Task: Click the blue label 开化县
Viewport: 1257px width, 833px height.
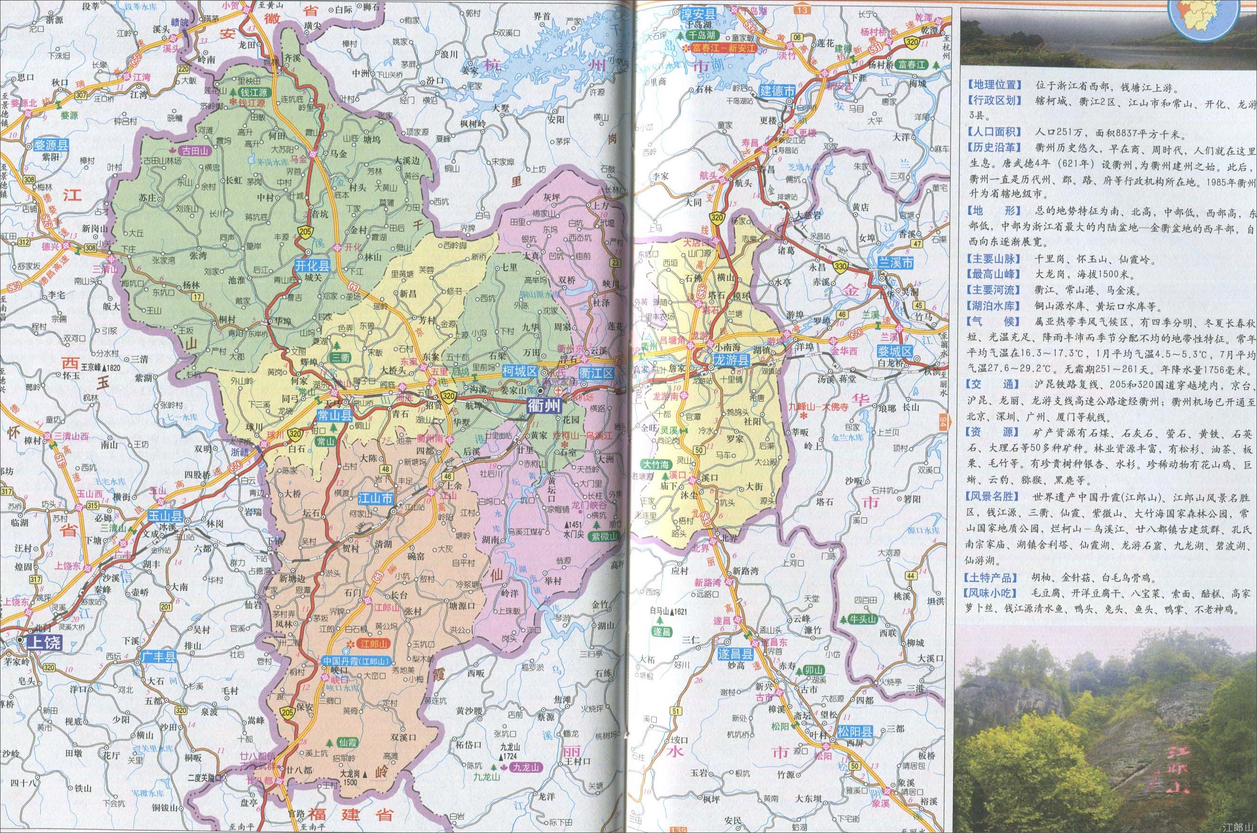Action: [313, 267]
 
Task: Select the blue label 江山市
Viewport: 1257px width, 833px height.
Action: [376, 498]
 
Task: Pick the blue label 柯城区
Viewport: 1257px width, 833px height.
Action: [519, 373]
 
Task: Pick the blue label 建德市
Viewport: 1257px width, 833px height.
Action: [777, 91]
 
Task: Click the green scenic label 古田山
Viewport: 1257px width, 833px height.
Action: [196, 151]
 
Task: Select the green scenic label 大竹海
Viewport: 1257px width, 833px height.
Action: [656, 464]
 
